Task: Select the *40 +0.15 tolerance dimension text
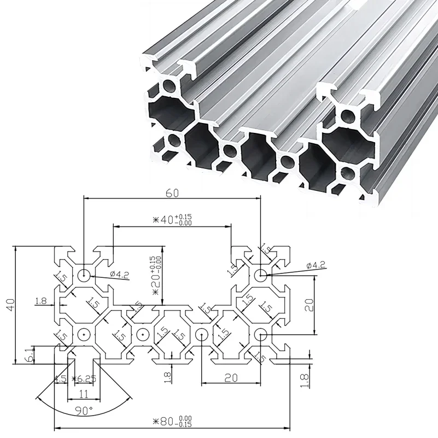tap(172, 220)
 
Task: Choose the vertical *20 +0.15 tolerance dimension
tap(156, 276)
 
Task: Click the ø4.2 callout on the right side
tap(317, 266)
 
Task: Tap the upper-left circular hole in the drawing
tap(84, 275)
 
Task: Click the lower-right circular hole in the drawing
tap(261, 334)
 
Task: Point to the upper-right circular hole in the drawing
tap(261, 275)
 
